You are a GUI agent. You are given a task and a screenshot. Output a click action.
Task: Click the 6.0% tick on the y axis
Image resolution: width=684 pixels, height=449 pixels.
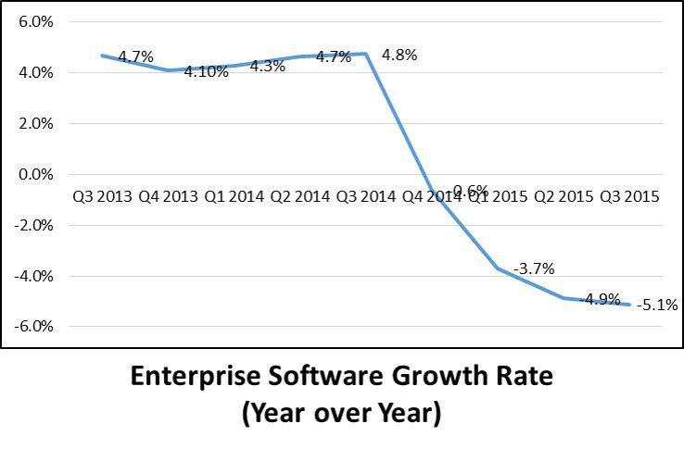tap(38, 21)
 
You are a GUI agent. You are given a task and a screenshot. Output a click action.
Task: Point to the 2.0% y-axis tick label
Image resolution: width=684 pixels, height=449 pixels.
tap(38, 123)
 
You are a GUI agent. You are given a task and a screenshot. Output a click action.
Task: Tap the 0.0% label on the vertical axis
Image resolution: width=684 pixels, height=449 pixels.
tap(38, 174)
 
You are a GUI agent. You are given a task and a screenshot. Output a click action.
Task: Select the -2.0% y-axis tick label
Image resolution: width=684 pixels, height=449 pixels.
tap(36, 225)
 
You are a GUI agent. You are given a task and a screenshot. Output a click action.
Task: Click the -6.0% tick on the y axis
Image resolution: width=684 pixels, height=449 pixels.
tap(36, 327)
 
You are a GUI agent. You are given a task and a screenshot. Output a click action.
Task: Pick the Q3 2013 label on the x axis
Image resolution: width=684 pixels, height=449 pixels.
tap(102, 196)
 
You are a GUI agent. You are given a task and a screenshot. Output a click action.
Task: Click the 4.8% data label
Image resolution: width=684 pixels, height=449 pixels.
tap(399, 55)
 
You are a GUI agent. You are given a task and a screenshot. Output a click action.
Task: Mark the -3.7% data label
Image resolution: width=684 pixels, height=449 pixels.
tap(533, 269)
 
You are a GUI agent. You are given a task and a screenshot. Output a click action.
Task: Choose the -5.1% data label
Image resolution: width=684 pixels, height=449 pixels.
tap(656, 304)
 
